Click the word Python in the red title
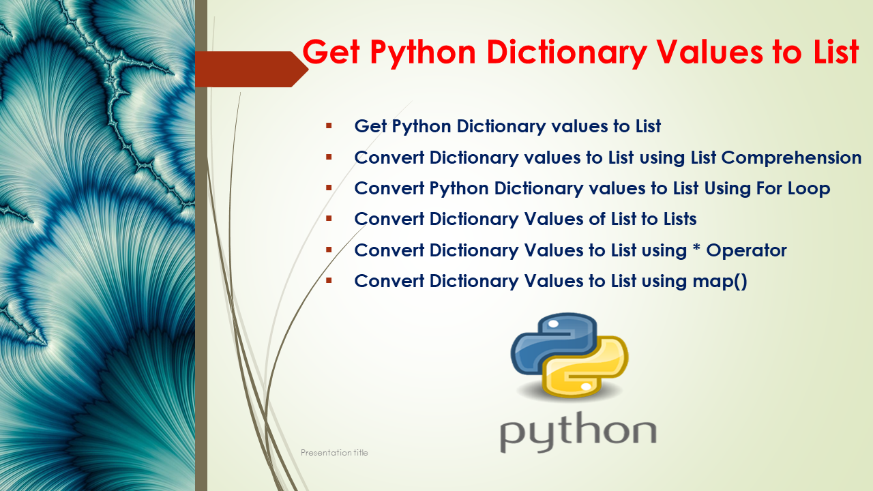(x=423, y=53)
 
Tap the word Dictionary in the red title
(x=566, y=53)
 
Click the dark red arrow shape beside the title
(x=252, y=69)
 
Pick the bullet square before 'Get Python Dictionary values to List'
(x=329, y=125)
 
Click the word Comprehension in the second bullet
(x=791, y=158)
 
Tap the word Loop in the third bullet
(x=809, y=189)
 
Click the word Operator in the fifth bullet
(x=746, y=250)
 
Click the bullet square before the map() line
(x=329, y=280)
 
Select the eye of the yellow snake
(x=587, y=386)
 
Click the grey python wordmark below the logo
(x=578, y=432)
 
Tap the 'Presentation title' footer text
(x=334, y=452)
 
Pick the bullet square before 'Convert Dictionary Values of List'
(x=329, y=218)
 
